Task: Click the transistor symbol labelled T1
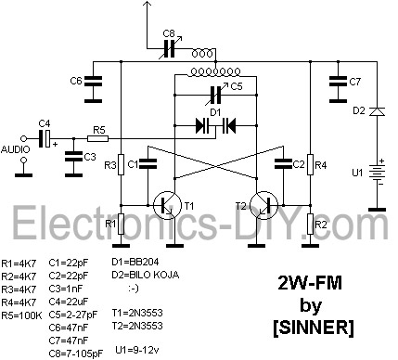(167, 206)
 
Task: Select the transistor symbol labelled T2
(263, 205)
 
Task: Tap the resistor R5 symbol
(98, 139)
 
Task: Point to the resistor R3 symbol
(121, 164)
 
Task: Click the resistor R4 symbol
(310, 164)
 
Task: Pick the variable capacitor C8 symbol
(170, 48)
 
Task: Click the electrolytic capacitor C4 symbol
(45, 139)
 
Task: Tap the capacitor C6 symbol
(93, 81)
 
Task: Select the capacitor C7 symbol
(338, 81)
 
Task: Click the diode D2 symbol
(378, 111)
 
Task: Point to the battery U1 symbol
(378, 173)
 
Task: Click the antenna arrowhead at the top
(148, 5)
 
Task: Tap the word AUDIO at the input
(16, 149)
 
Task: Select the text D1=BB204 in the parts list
(135, 262)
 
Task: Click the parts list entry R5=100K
(21, 315)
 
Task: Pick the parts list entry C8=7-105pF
(76, 353)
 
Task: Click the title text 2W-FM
(310, 283)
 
